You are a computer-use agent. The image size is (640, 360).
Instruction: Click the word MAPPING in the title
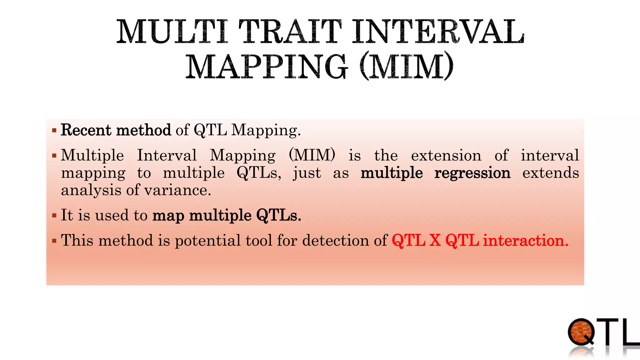[267, 67]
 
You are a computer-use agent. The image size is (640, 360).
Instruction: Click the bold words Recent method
[116, 130]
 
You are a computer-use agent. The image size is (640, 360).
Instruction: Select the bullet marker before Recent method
[54, 130]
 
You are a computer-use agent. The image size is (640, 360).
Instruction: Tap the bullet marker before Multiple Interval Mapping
[54, 155]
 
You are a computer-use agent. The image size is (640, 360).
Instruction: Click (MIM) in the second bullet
[312, 155]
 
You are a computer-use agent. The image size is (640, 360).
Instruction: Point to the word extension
[446, 155]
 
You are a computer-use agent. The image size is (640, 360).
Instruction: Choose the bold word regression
[472, 173]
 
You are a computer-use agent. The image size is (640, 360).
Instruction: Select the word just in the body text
[307, 173]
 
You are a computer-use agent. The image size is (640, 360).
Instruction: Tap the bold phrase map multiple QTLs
[227, 215]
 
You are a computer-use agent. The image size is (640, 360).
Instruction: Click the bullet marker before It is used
[54, 215]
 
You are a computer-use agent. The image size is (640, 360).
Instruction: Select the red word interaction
[525, 240]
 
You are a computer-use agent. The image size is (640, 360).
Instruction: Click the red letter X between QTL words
[435, 240]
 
